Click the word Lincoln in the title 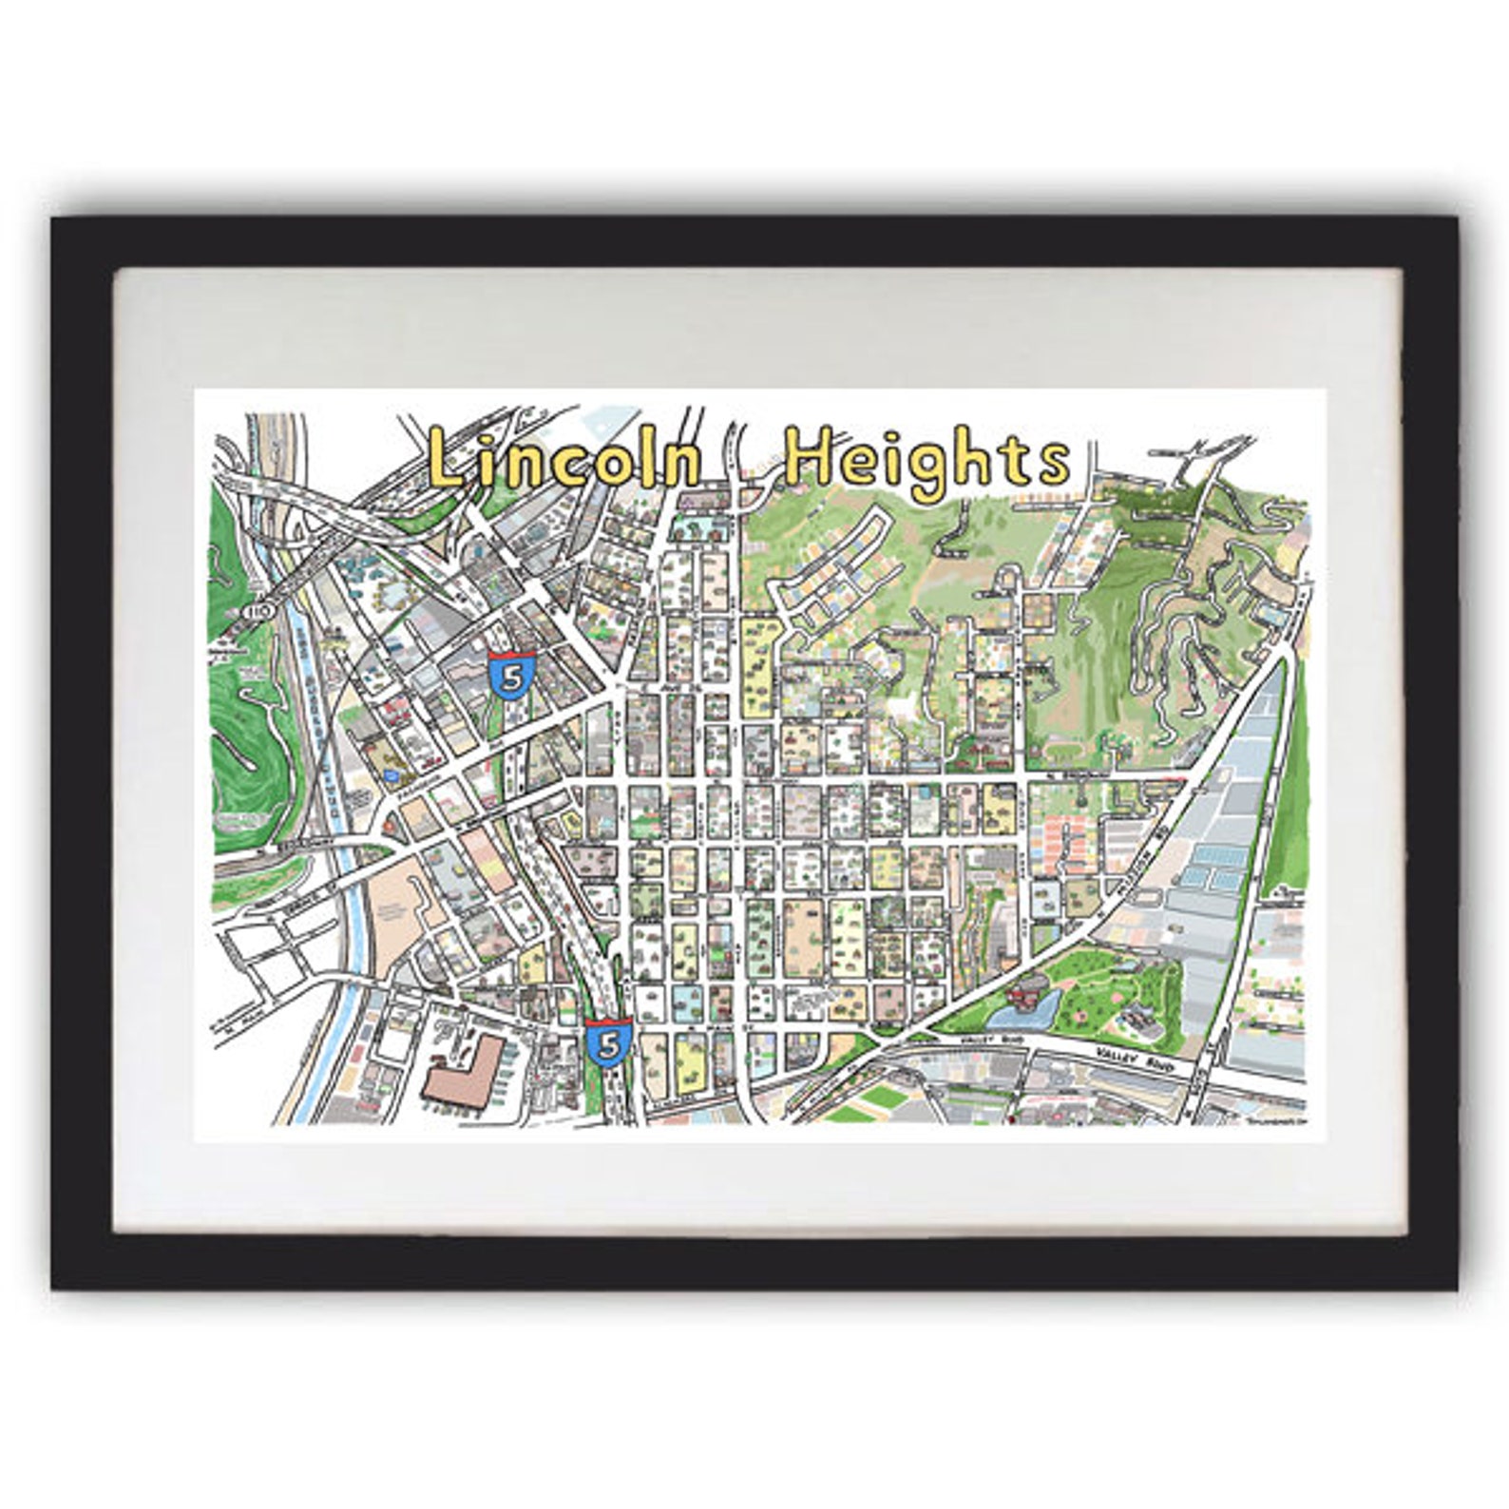564,457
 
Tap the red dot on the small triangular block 392,825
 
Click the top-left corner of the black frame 55,220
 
